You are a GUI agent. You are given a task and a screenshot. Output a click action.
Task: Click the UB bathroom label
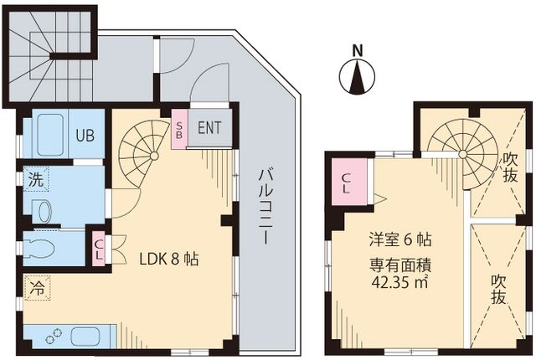[85, 134]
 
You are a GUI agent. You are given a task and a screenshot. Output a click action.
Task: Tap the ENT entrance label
[210, 130]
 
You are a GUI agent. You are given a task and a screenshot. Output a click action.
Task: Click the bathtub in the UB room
[47, 134]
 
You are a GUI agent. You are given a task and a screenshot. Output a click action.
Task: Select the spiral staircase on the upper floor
[459, 142]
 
